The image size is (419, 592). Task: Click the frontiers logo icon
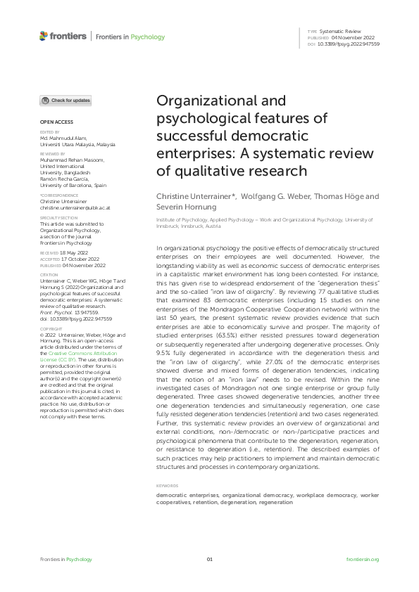[44, 36]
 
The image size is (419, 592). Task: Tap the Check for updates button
[65, 101]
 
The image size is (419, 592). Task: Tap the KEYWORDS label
[166, 486]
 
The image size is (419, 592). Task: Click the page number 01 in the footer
[209, 559]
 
